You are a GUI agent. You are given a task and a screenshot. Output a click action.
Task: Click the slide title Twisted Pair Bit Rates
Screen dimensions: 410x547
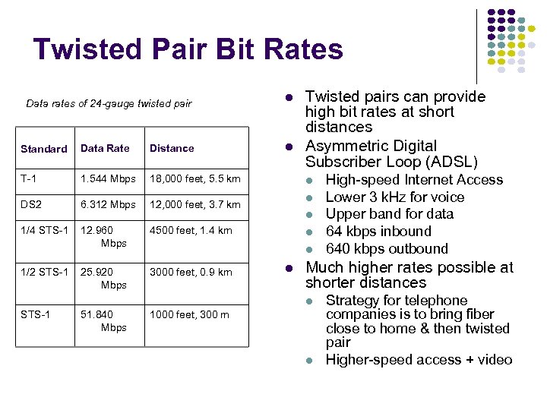coord(188,50)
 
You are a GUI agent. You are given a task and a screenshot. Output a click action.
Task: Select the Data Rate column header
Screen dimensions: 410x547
coord(105,148)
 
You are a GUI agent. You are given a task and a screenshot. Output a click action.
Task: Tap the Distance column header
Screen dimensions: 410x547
coord(172,148)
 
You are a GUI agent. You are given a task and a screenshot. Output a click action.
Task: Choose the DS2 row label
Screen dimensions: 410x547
coord(32,204)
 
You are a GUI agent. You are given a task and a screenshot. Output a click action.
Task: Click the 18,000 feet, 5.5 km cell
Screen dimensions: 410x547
coord(194,178)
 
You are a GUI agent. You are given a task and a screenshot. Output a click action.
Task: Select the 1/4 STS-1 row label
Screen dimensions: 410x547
coord(44,230)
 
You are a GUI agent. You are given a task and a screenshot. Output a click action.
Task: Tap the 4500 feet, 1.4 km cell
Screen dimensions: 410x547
coord(191,230)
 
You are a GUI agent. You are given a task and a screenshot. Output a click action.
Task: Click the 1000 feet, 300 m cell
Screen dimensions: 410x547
coord(188,314)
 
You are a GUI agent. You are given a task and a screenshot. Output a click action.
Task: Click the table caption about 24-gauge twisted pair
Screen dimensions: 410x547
coord(109,103)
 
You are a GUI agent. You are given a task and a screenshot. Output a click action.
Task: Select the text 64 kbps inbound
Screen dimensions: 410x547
coord(378,232)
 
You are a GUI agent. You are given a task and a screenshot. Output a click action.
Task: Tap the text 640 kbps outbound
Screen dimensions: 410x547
coord(387,249)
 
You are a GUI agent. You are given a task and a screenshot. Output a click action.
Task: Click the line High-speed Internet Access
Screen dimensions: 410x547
coord(414,180)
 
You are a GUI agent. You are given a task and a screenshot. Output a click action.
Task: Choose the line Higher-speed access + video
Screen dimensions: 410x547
coord(419,360)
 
